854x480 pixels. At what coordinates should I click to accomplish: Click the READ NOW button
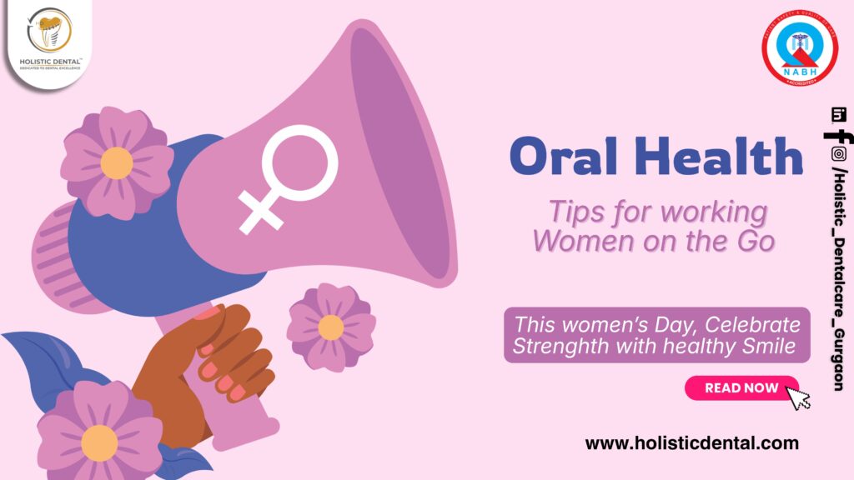click(741, 387)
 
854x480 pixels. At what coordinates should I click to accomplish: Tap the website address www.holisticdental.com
click(691, 443)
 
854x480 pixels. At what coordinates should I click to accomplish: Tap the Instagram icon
click(838, 153)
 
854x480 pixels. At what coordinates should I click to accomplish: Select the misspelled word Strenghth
click(560, 345)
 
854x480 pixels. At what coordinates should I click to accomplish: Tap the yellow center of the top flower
click(117, 163)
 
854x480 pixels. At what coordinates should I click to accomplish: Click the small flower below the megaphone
click(331, 326)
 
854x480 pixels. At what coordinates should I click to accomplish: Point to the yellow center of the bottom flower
click(99, 442)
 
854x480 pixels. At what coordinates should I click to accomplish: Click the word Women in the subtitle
click(574, 239)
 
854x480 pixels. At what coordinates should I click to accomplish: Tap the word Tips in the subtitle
click(570, 211)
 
